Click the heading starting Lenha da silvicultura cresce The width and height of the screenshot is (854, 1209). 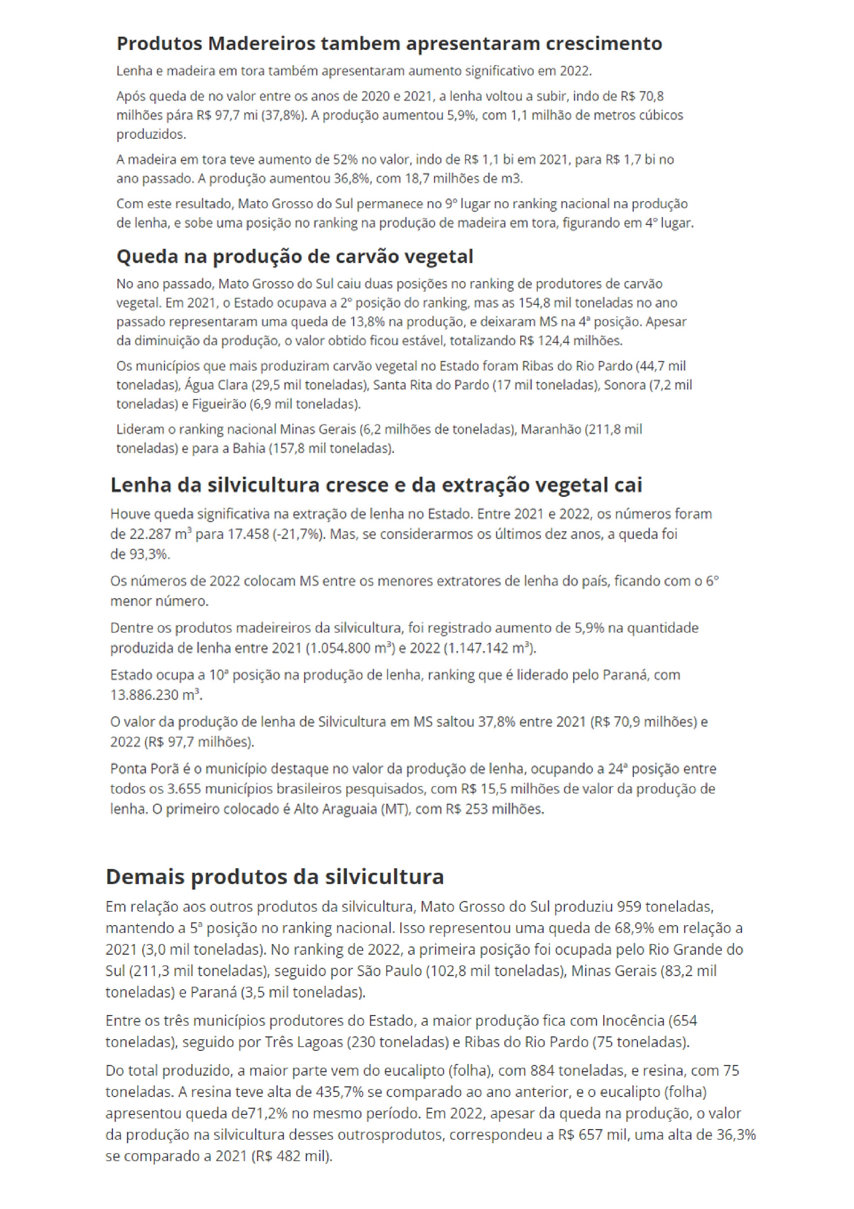click(376, 485)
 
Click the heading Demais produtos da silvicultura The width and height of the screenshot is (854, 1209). click(275, 877)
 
